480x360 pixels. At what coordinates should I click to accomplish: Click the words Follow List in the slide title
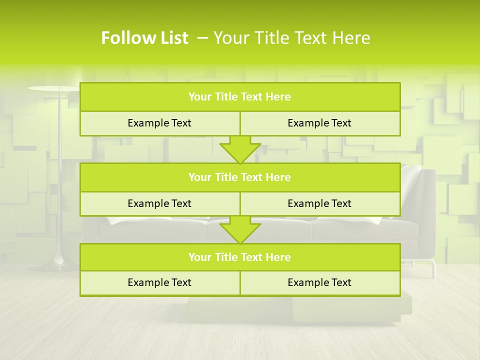click(x=144, y=38)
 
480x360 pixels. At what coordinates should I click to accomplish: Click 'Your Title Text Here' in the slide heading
click(x=291, y=38)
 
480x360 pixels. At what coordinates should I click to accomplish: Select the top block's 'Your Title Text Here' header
click(x=239, y=97)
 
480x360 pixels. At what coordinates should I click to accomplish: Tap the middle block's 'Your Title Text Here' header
click(x=239, y=177)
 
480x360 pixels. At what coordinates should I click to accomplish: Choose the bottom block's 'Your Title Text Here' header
click(x=239, y=257)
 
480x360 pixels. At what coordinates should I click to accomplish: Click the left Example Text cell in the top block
click(x=159, y=123)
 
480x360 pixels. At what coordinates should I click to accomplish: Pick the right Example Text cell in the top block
click(x=319, y=123)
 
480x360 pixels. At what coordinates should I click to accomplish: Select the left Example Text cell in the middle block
click(x=159, y=203)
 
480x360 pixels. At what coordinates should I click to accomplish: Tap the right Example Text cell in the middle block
click(x=319, y=203)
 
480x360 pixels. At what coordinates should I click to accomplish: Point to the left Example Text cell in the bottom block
click(x=159, y=282)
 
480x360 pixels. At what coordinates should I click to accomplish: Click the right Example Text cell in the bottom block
click(x=319, y=282)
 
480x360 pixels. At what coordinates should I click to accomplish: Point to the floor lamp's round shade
click(x=53, y=88)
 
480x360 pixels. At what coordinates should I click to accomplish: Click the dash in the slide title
click(x=202, y=38)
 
